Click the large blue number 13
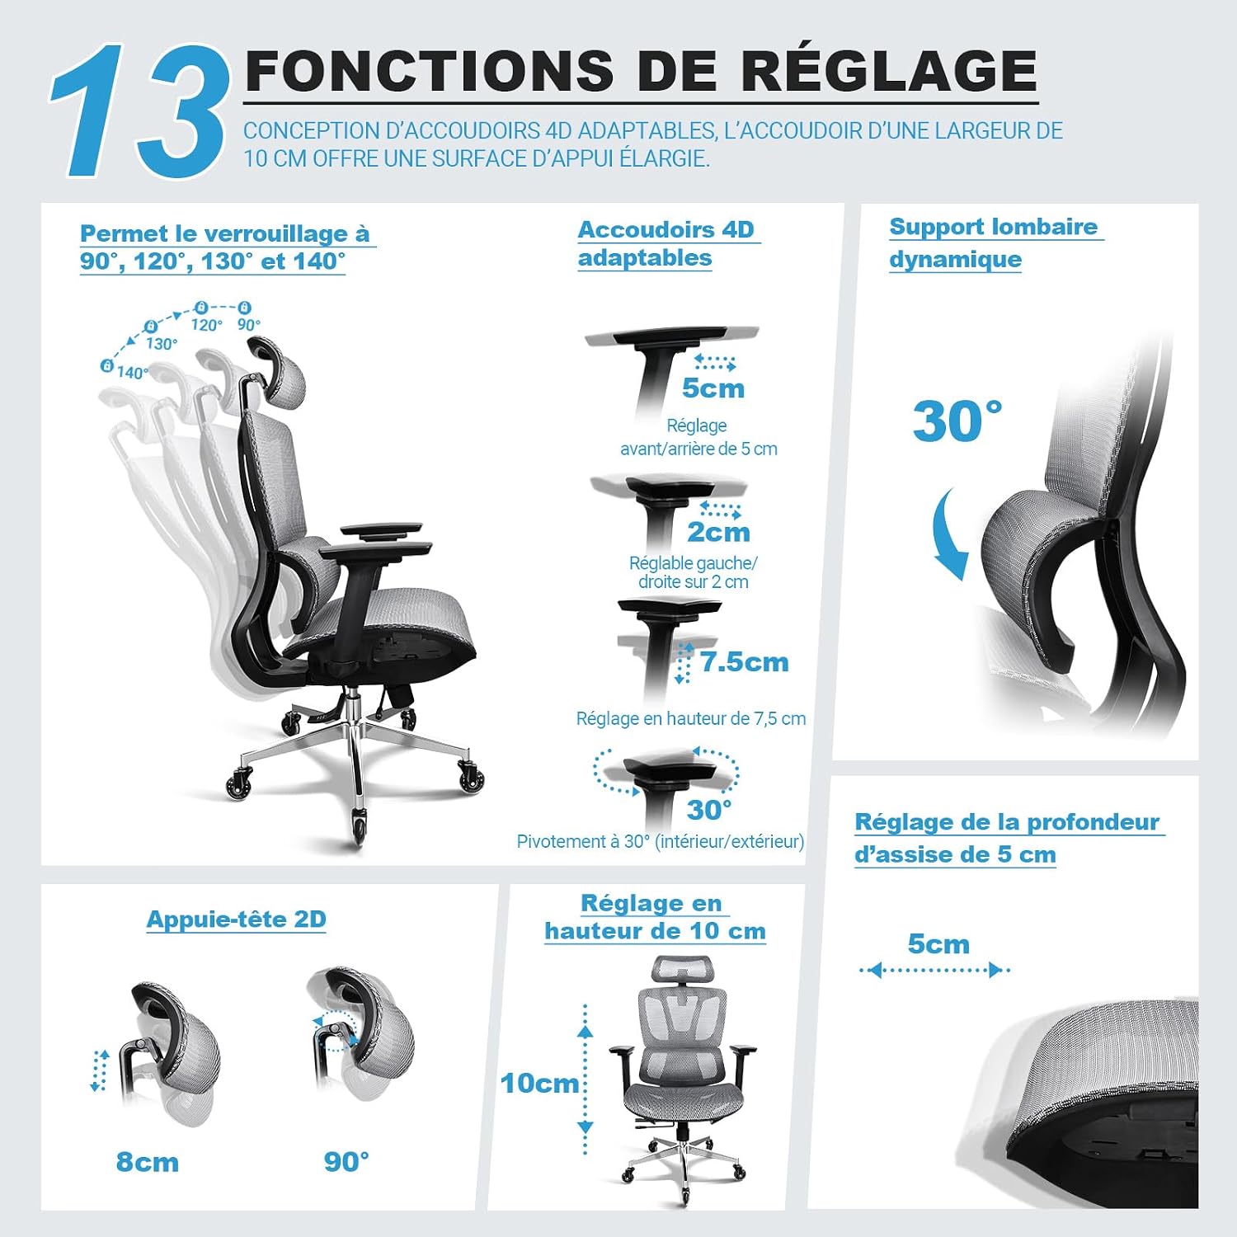pyautogui.click(x=139, y=111)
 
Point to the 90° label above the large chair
pyautogui.click(x=249, y=325)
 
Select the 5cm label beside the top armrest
pyautogui.click(x=713, y=388)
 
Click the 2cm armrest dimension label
pyautogui.click(x=718, y=532)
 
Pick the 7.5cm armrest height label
pyautogui.click(x=745, y=661)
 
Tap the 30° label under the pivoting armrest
pyautogui.click(x=709, y=810)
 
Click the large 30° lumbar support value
pyautogui.click(x=957, y=421)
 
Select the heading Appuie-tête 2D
pyautogui.click(x=237, y=920)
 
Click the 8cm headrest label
pyautogui.click(x=148, y=1162)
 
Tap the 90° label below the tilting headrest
pyautogui.click(x=346, y=1161)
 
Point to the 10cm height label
pyautogui.click(x=540, y=1083)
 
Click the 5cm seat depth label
pyautogui.click(x=938, y=943)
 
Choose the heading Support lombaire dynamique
pyautogui.click(x=995, y=242)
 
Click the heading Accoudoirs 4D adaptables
pyautogui.click(x=666, y=243)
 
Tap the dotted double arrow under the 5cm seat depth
pyautogui.click(x=935, y=970)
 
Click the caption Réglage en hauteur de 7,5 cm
pyautogui.click(x=691, y=718)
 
